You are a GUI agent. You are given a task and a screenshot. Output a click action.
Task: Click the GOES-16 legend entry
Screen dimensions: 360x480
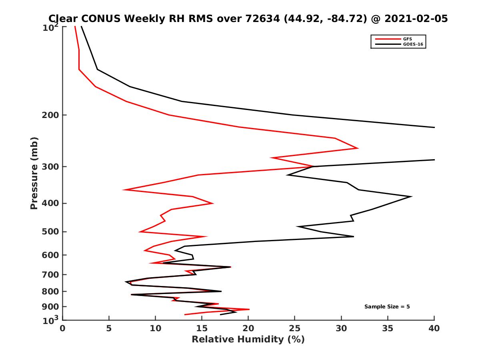(411, 44)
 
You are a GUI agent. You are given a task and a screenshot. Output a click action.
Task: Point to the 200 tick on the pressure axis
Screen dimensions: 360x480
(52, 115)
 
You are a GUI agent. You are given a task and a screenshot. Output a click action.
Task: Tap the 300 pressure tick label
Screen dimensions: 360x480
(52, 166)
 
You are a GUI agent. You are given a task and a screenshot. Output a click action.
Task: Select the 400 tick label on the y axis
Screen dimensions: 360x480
(52, 203)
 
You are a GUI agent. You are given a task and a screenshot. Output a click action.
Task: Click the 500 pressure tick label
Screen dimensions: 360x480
(52, 232)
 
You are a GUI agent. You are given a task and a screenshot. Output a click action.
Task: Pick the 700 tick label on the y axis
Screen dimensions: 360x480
(52, 274)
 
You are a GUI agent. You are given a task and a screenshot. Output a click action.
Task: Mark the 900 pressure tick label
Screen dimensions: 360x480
(52, 307)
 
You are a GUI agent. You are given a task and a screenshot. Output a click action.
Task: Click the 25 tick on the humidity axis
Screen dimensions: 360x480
(295, 328)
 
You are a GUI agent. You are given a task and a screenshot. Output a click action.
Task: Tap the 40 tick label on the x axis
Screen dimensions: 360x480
(434, 328)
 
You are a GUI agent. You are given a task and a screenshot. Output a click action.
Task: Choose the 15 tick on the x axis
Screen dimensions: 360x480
(202, 328)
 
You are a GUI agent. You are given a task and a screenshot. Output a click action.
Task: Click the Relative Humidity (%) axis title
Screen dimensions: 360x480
(248, 340)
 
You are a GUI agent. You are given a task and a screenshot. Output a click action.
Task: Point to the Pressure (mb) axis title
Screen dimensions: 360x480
(34, 173)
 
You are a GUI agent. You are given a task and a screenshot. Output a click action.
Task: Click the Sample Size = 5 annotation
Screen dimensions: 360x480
(387, 307)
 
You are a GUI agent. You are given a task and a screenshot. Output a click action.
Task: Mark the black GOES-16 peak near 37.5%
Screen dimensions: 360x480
(411, 196)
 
